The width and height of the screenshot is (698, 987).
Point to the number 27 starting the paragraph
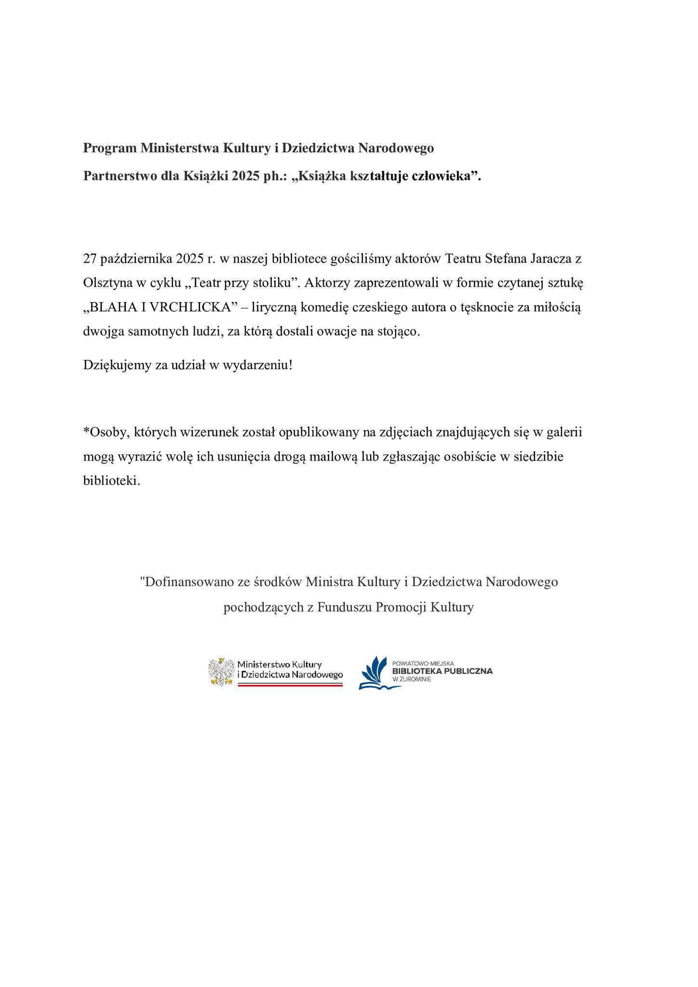point(90,258)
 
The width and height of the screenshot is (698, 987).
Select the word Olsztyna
point(108,283)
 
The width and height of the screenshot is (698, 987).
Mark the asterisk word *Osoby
point(106,432)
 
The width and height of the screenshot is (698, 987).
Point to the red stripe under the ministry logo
point(290,685)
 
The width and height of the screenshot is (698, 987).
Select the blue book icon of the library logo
point(375,673)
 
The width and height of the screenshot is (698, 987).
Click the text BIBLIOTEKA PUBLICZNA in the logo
point(442,671)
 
